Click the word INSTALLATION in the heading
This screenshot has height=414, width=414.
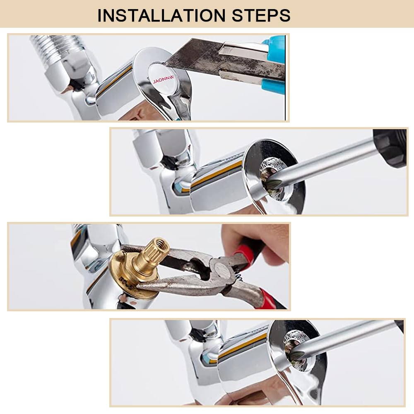161,15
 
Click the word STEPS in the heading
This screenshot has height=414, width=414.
261,15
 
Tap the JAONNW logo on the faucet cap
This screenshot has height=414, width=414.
164,79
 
